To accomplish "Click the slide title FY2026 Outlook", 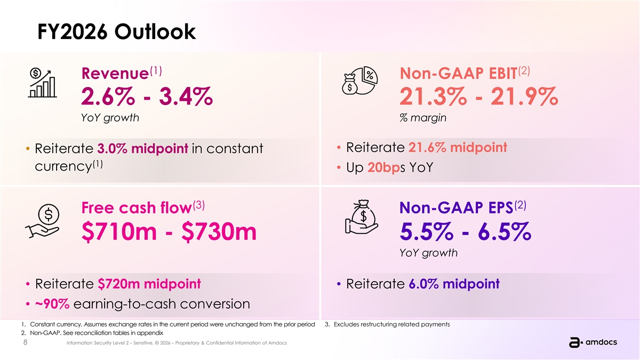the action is click(x=117, y=31).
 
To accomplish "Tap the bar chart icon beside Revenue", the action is click(x=42, y=83).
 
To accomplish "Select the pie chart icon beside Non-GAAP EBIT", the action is click(x=360, y=81).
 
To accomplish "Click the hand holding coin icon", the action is click(x=42, y=221).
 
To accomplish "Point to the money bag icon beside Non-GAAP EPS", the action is click(x=362, y=217).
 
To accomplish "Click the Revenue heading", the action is click(x=122, y=73).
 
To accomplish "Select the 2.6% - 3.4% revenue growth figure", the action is click(x=147, y=97).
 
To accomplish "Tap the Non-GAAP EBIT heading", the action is click(x=465, y=73).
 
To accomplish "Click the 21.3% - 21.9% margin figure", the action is click(x=478, y=97).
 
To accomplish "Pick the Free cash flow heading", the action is click(x=143, y=207).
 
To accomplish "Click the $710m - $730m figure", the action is click(x=169, y=231).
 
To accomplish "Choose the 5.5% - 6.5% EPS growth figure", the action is click(x=466, y=231).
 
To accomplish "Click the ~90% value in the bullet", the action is click(x=52, y=303).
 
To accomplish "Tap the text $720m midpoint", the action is click(x=149, y=284).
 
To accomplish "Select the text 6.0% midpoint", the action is click(x=454, y=284).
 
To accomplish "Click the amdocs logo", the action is click(x=593, y=342).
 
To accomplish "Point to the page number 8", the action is click(x=25, y=342).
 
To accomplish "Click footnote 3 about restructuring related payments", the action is click(x=387, y=324).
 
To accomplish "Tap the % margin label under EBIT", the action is click(x=423, y=117).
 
